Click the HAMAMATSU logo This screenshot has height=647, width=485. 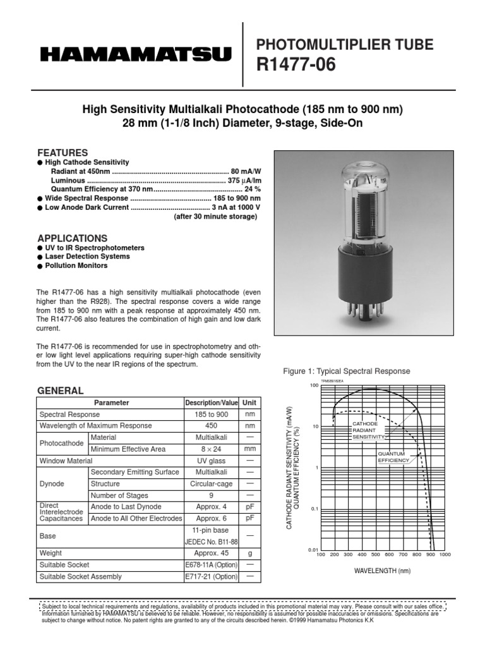[136, 56]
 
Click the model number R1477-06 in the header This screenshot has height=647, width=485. [294, 64]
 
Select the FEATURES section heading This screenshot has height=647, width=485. [63, 153]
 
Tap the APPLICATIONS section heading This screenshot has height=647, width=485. [72, 238]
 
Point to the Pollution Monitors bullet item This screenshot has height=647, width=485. [76, 266]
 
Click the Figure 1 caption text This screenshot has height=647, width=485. [347, 372]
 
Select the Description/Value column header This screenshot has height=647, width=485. [211, 402]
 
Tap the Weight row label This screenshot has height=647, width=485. [51, 553]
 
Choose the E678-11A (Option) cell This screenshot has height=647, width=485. [211, 564]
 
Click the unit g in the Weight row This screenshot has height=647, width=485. [249, 553]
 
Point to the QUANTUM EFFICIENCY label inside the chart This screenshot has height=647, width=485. [393, 457]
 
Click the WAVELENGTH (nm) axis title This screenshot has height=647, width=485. [383, 571]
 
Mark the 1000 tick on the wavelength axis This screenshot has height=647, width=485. [444, 555]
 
